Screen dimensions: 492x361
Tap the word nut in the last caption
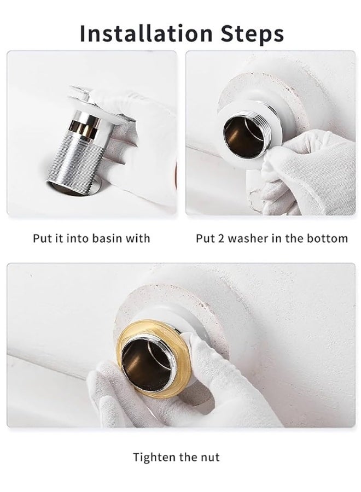(x=209, y=457)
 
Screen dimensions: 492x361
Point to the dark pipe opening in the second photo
(x=241, y=138)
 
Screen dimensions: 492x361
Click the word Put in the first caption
(x=42, y=238)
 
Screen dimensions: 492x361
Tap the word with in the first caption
(x=139, y=238)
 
